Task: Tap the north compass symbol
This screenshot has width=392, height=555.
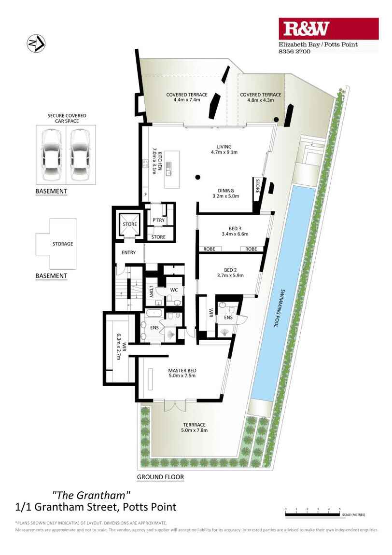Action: coord(36,44)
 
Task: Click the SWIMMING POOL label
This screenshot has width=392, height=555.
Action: coord(279,309)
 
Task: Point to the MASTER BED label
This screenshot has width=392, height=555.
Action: coord(182,371)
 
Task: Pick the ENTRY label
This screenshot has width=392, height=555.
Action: coord(128,252)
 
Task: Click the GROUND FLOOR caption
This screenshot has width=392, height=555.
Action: coord(160,477)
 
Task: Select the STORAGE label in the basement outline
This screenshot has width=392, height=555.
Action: coord(63,244)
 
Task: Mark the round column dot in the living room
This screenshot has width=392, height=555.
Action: coord(197,177)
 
